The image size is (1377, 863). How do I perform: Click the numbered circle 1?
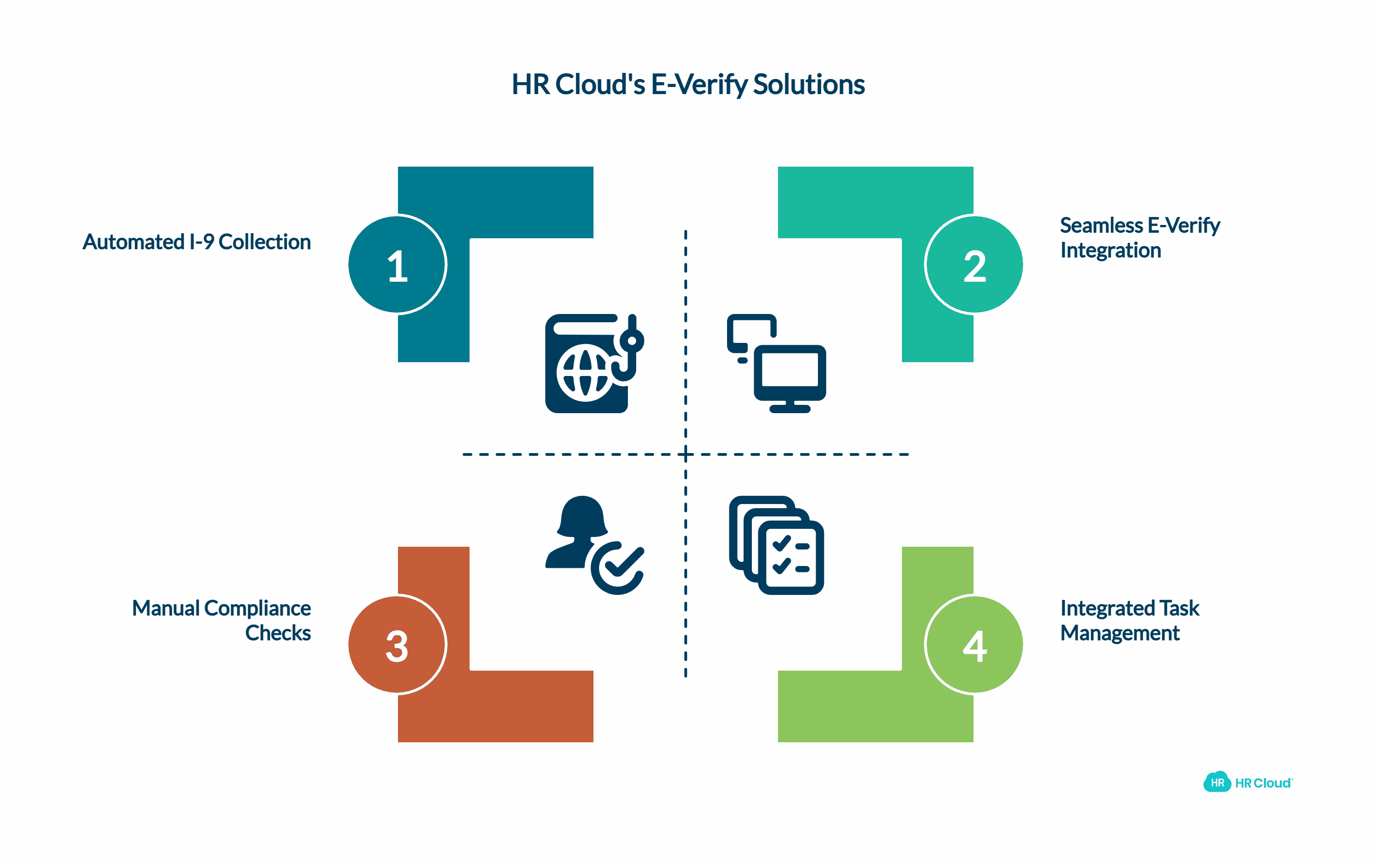397,265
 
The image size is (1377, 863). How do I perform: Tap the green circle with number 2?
974,265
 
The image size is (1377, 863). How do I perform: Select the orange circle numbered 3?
397,644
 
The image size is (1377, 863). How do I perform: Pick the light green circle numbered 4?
974,644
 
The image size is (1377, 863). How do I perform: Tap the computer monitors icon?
776,364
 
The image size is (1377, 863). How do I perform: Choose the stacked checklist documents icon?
776,545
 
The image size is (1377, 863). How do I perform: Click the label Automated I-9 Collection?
196,242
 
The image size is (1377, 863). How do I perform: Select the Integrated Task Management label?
1129,621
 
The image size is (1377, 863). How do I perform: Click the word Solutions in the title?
809,84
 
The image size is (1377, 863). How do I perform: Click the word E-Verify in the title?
699,84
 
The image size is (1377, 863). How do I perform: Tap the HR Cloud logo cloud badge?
1217,782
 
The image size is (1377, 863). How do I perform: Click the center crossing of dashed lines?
685,454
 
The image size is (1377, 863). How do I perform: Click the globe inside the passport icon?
585,374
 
